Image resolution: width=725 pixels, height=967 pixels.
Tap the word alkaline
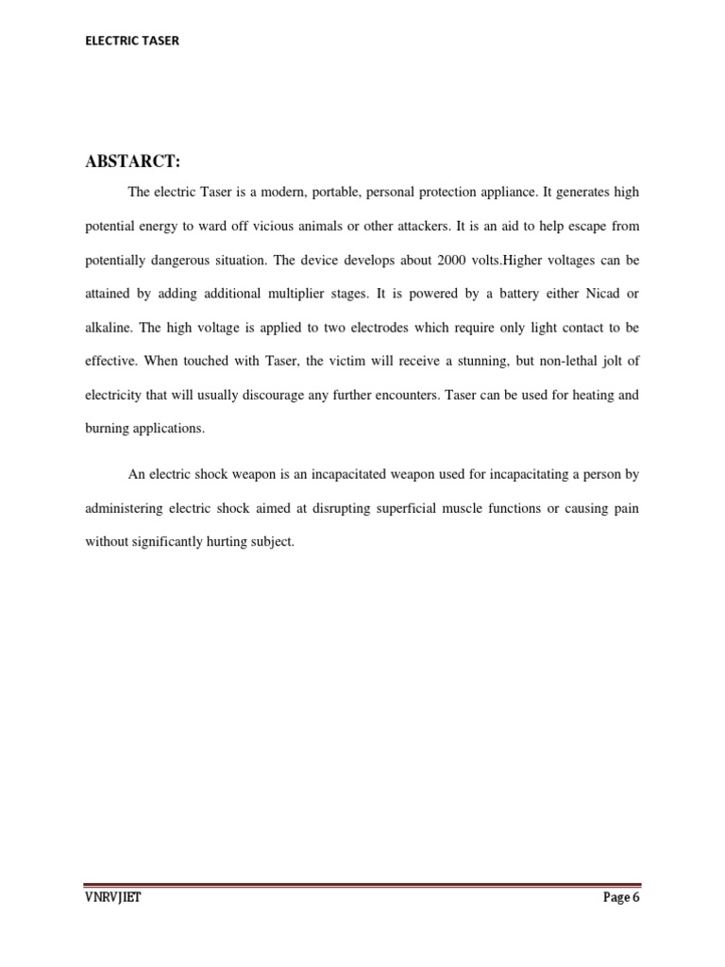click(x=110, y=328)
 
